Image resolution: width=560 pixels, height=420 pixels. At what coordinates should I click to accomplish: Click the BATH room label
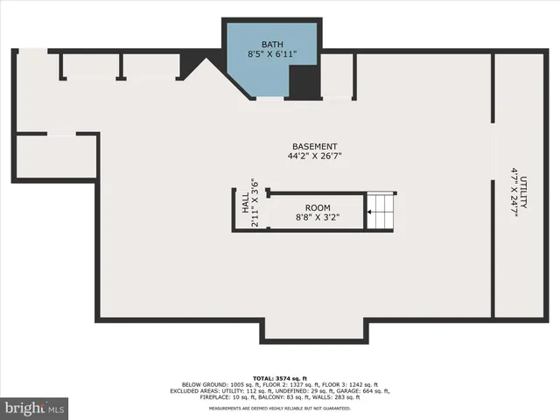pyautogui.click(x=273, y=44)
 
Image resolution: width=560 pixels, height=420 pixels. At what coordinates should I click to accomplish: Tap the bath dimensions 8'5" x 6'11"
pyautogui.click(x=273, y=55)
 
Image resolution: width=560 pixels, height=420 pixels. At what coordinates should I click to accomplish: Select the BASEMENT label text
pyautogui.click(x=315, y=146)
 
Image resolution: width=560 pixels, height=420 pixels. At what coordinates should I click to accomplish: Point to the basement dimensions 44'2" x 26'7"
pyautogui.click(x=315, y=157)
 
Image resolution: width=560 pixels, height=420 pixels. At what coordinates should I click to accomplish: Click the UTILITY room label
pyautogui.click(x=523, y=191)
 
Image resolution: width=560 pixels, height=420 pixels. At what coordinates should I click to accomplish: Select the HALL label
pyautogui.click(x=245, y=204)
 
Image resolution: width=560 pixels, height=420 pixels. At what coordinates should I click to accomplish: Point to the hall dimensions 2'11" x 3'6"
pyautogui.click(x=255, y=203)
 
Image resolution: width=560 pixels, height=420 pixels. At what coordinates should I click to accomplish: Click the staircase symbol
pyautogui.click(x=380, y=211)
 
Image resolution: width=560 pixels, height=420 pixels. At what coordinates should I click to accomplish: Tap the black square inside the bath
pyautogui.click(x=303, y=83)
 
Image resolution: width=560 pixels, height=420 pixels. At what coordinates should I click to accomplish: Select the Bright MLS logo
pyautogui.click(x=35, y=407)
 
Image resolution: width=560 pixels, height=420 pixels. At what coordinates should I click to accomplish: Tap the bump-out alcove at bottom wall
pyautogui.click(x=315, y=330)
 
